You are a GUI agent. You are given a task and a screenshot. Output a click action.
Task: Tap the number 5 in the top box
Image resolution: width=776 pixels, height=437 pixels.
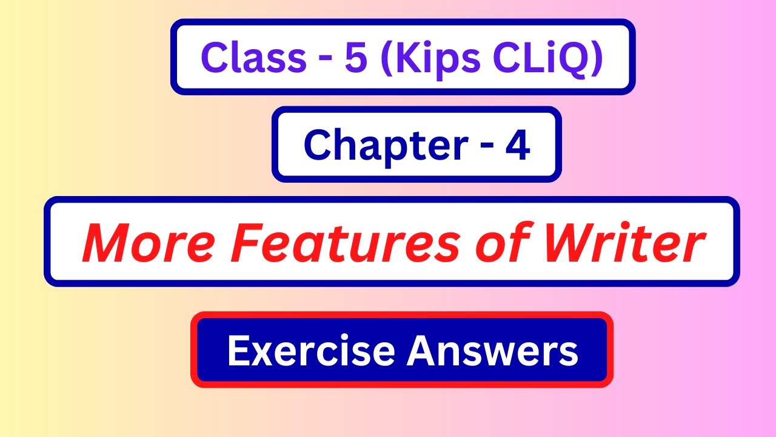click(x=355, y=57)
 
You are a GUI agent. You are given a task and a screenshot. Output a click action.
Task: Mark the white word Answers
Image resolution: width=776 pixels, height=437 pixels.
click(x=492, y=350)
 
